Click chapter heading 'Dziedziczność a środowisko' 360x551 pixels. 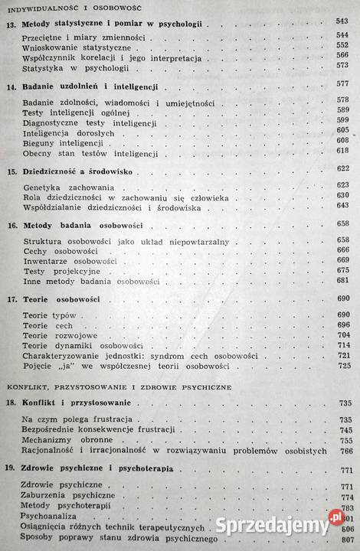[86, 171]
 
